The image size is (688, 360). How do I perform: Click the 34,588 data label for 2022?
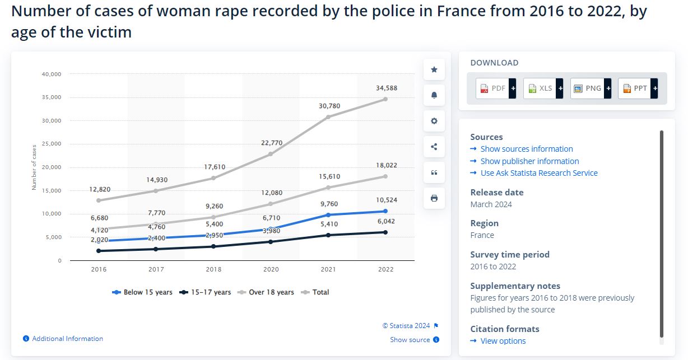click(x=385, y=88)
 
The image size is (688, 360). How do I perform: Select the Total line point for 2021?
click(x=328, y=116)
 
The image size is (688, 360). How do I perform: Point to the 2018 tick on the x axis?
click(x=213, y=269)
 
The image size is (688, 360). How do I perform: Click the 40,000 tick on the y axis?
click(x=52, y=74)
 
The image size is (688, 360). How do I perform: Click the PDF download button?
click(x=495, y=88)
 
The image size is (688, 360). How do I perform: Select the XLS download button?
click(x=543, y=88)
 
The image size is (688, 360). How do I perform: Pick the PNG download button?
click(x=591, y=88)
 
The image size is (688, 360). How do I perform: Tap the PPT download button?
click(x=638, y=88)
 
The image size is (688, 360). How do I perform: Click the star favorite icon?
click(x=434, y=69)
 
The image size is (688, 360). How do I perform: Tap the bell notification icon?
click(x=434, y=95)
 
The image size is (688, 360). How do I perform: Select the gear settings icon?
click(x=434, y=121)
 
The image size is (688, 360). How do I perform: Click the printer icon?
click(x=434, y=198)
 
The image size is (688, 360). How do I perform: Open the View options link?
click(x=503, y=341)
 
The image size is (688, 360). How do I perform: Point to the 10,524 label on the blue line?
click(x=385, y=200)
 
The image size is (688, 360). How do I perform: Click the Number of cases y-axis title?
click(x=34, y=167)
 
